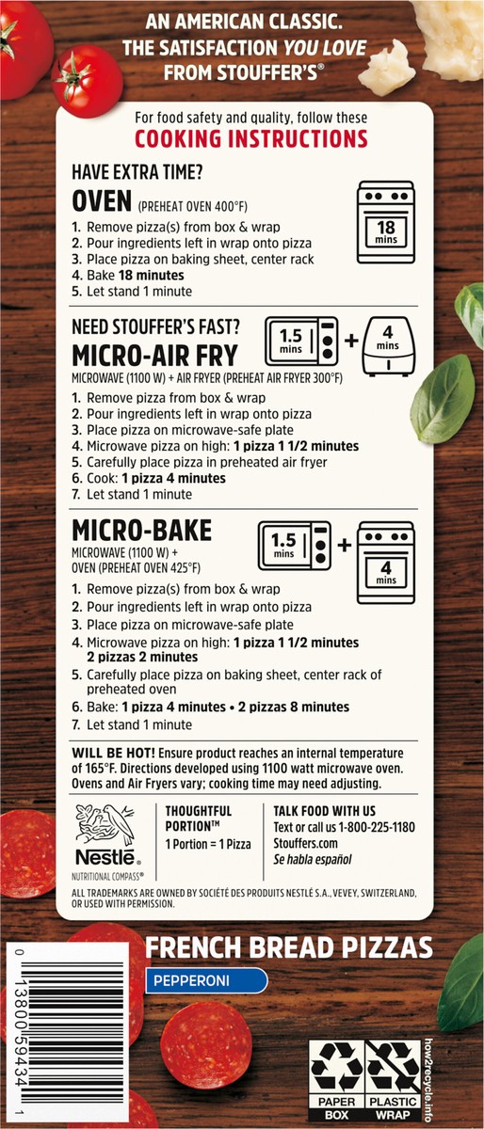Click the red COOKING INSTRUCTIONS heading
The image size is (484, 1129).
(x=250, y=139)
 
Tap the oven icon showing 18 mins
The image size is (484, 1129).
(x=386, y=222)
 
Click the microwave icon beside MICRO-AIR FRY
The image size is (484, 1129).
(x=302, y=342)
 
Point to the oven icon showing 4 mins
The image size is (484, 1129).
(x=386, y=563)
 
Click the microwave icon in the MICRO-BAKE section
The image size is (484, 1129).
(x=295, y=546)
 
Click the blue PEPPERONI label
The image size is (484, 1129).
(x=206, y=980)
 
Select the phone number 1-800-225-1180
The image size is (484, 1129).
(x=376, y=827)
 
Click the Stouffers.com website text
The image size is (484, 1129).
(x=305, y=843)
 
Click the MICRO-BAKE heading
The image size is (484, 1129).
(x=142, y=531)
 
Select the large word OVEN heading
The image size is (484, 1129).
(x=102, y=201)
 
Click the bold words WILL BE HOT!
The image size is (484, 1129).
(x=114, y=753)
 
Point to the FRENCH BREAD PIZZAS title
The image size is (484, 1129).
(x=289, y=948)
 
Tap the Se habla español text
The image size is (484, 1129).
(x=313, y=859)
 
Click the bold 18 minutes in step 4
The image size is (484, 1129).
(x=152, y=275)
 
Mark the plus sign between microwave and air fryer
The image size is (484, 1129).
(x=351, y=341)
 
